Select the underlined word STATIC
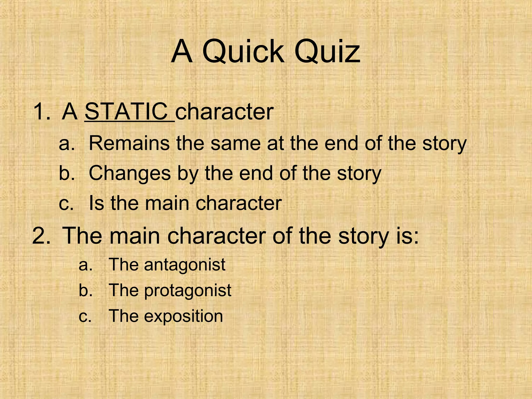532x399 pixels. pyautogui.click(x=127, y=111)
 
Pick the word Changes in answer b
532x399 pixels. pyautogui.click(x=130, y=173)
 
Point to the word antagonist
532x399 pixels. pyautogui.click(x=185, y=265)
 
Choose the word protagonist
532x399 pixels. pyautogui.click(x=188, y=290)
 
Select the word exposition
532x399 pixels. pyautogui.click(x=183, y=316)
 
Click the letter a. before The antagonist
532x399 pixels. pyautogui.click(x=85, y=265)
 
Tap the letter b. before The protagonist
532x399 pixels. pyautogui.click(x=85, y=290)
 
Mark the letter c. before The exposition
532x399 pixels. pyautogui.click(x=85, y=316)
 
